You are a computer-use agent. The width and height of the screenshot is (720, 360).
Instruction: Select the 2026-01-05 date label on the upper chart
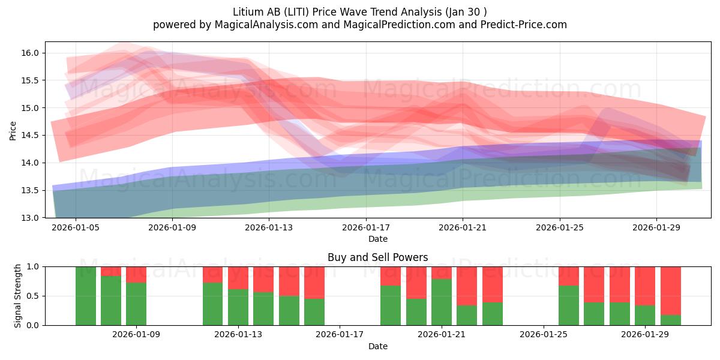(x=76, y=228)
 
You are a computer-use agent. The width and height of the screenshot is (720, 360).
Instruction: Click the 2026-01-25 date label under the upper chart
(x=559, y=228)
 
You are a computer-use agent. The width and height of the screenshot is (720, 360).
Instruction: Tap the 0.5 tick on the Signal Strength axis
(x=34, y=296)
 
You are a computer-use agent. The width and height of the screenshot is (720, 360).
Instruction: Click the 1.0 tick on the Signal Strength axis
(x=34, y=267)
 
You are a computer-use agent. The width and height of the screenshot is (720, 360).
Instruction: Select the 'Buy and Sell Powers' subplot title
(x=377, y=257)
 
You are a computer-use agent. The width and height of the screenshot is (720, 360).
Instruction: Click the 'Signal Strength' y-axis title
(x=18, y=296)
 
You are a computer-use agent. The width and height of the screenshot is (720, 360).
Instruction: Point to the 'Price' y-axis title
(x=13, y=130)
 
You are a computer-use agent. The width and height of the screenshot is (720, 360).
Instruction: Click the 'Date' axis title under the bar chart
(x=377, y=346)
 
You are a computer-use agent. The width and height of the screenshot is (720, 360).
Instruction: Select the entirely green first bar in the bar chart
(x=86, y=296)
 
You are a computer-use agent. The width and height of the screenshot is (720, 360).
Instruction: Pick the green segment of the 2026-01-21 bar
(x=442, y=302)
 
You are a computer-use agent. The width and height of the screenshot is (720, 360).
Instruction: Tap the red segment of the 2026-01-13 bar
(x=238, y=278)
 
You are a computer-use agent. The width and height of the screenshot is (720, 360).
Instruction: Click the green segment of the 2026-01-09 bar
(x=136, y=304)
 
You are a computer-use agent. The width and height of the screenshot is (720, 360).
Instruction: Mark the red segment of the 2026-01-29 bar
(x=645, y=286)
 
